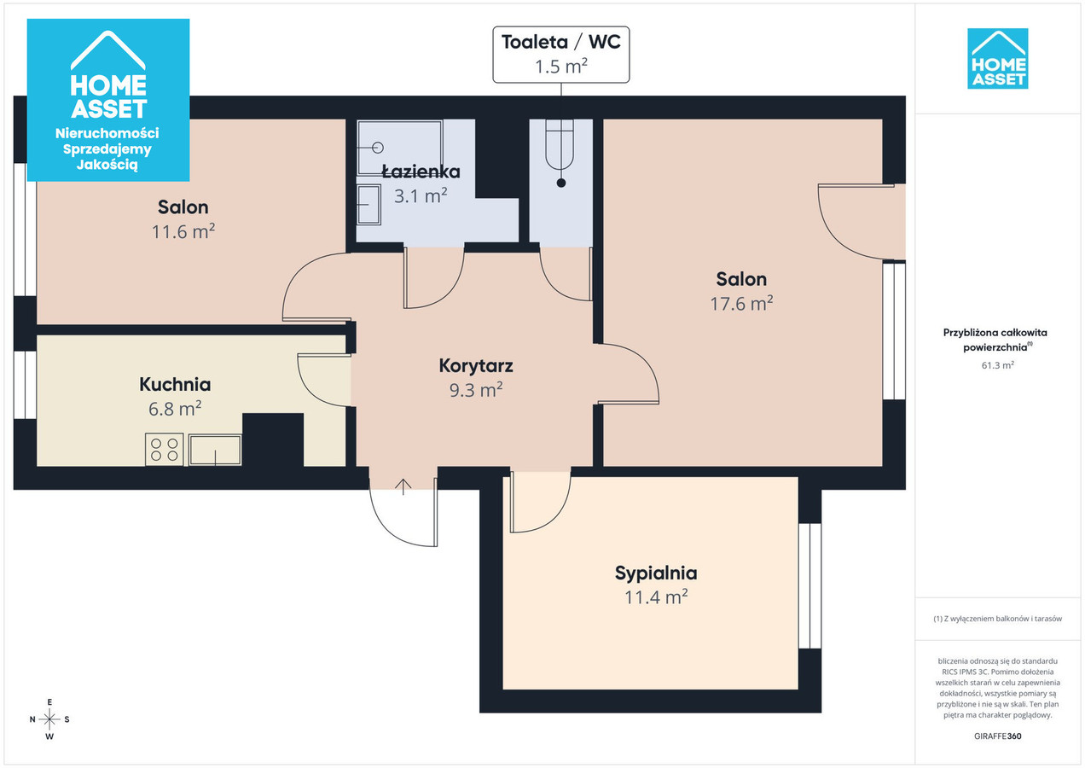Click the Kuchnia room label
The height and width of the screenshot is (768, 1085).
tap(175, 384)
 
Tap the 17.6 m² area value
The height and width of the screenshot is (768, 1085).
tap(741, 303)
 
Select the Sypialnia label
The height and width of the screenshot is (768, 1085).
tap(656, 573)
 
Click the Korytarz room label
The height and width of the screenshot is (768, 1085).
tap(476, 366)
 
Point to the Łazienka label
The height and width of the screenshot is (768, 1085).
tap(421, 172)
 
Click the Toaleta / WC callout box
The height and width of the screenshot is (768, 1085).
tap(561, 55)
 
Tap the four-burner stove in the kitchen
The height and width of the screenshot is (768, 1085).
tap(165, 449)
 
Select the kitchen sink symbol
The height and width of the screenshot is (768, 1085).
tap(215, 450)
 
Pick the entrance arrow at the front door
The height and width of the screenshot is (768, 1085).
tap(403, 487)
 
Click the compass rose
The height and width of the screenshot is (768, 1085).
tap(49, 719)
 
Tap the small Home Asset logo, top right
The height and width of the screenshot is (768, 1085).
tap(997, 59)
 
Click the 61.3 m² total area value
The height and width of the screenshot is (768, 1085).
tap(997, 365)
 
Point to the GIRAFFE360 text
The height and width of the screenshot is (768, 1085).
tap(997, 736)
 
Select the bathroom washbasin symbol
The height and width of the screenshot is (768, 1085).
tap(368, 205)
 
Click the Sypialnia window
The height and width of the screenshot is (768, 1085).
tap(809, 585)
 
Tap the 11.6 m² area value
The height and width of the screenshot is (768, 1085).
tap(183, 231)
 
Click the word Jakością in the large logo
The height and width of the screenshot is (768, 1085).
tap(107, 165)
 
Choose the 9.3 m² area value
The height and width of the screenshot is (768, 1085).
tap(476, 390)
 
